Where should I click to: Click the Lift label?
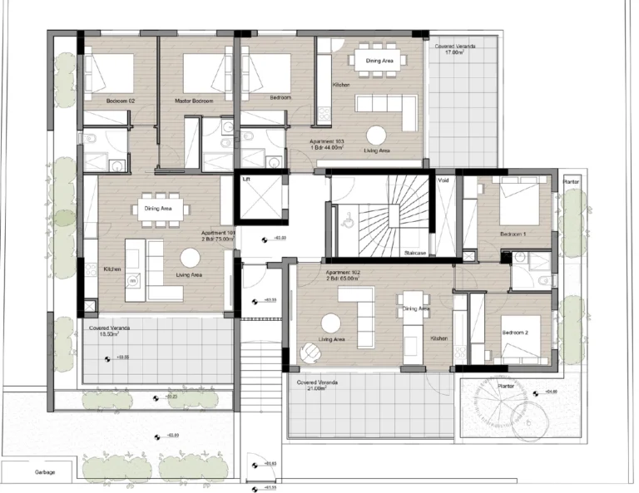(x=246, y=179)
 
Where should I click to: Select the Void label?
(x=443, y=179)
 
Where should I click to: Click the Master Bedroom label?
(x=194, y=101)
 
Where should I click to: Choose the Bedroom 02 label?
(x=120, y=101)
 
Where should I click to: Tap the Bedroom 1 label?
(x=513, y=234)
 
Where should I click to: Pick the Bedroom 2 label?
(x=515, y=333)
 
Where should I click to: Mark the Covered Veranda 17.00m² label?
(x=454, y=49)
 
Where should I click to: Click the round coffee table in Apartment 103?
(x=376, y=135)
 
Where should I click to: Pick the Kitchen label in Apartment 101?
(x=112, y=269)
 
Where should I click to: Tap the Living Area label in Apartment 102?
(x=332, y=339)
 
